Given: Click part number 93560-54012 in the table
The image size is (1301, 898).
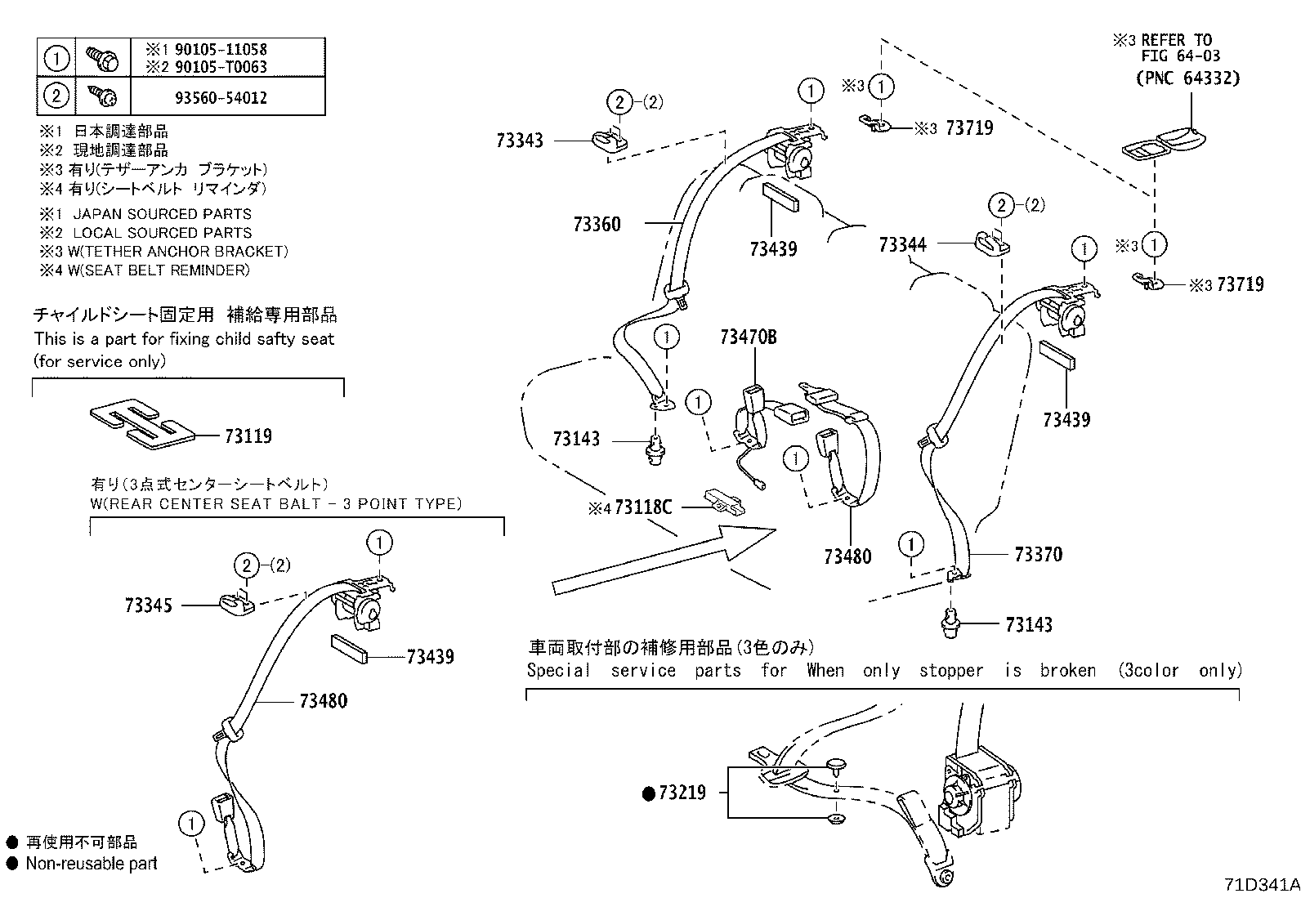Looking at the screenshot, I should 221,98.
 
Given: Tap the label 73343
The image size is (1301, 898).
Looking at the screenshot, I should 519,141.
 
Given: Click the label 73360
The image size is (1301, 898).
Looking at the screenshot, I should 597,224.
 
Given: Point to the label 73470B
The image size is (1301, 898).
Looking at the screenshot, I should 748,337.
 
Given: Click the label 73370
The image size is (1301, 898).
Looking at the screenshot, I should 1038,555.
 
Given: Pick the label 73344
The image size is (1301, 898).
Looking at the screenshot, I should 902,244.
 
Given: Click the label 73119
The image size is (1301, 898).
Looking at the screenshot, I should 248,436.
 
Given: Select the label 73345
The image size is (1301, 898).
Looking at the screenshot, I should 149,605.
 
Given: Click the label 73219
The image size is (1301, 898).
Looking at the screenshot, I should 682,793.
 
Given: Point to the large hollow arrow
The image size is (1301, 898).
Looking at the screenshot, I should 662,561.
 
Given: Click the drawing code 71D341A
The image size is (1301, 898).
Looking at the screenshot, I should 1261,885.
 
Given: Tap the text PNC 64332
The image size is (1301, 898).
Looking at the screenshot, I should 1187,78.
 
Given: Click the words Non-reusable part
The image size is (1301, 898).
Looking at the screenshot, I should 91,864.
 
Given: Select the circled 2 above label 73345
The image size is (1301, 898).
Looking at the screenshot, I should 247,565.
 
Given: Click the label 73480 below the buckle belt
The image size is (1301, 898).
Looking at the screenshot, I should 847,556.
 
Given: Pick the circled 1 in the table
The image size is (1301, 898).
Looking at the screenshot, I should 56,58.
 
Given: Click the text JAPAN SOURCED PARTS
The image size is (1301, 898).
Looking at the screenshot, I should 162,214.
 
